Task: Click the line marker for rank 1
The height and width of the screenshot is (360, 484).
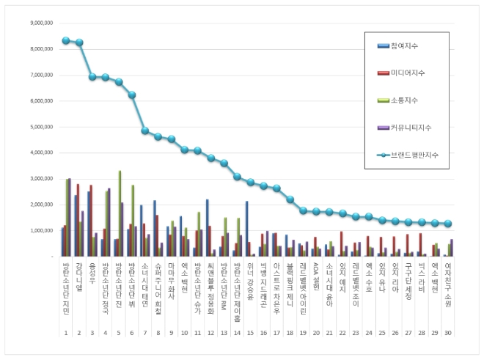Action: coord(65,40)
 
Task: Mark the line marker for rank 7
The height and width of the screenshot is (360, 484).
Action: coord(145,131)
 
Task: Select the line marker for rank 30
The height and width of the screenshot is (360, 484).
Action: coord(448,224)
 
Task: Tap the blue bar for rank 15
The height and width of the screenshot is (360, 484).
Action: coord(247,228)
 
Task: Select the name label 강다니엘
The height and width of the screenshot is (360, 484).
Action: coord(78,276)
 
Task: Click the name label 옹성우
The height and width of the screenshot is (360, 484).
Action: coord(92,272)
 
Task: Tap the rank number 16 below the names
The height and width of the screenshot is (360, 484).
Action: coord(264,332)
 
